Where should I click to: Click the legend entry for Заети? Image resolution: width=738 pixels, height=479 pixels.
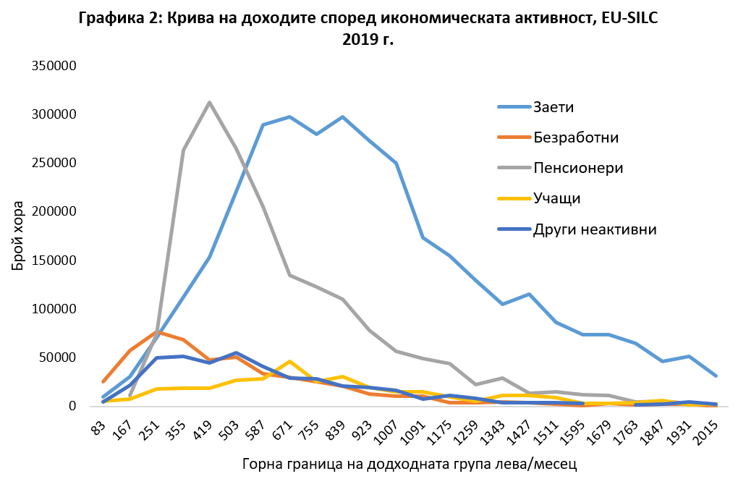(x=553, y=108)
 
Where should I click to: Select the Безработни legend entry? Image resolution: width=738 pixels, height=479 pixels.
(x=576, y=137)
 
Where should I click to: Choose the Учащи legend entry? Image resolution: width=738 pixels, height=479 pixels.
(x=556, y=199)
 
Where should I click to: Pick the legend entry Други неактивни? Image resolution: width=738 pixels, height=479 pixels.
(x=595, y=230)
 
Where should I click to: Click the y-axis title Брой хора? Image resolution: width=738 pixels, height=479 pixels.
(x=19, y=236)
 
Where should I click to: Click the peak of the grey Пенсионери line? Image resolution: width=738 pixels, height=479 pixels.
(x=210, y=102)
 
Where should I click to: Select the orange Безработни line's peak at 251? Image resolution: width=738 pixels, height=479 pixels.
(x=157, y=331)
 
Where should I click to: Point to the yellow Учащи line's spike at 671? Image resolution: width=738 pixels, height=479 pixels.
(x=289, y=361)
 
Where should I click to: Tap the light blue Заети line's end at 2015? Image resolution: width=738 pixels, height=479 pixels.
(x=716, y=376)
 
